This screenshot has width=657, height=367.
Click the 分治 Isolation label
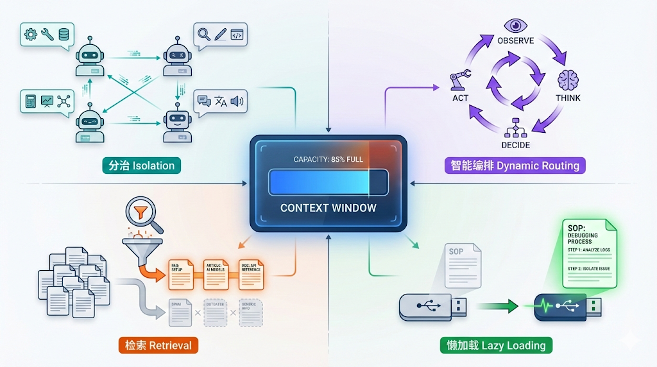(141, 166)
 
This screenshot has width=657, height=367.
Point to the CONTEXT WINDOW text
(328, 208)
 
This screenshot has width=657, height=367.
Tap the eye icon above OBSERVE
(515, 25)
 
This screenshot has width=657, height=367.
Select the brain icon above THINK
(568, 80)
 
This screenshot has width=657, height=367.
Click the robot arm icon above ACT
(459, 80)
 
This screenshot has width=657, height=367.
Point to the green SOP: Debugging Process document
(588, 253)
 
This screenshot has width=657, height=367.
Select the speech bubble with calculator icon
(46, 101)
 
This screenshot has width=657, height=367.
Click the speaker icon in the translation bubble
(237, 101)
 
